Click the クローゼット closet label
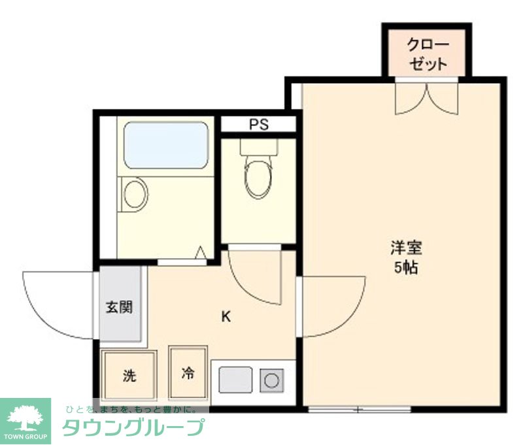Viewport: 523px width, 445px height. pyautogui.click(x=428, y=55)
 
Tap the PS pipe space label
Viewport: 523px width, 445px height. pyautogui.click(x=258, y=125)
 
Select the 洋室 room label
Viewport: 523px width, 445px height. pyautogui.click(x=406, y=248)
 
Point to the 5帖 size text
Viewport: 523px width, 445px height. pyautogui.click(x=406, y=268)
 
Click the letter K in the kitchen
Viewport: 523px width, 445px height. pyautogui.click(x=226, y=318)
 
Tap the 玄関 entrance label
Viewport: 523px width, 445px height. pyautogui.click(x=120, y=306)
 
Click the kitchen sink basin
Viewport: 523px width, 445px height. pyautogui.click(x=235, y=380)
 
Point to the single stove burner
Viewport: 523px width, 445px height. pyautogui.click(x=270, y=380)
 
